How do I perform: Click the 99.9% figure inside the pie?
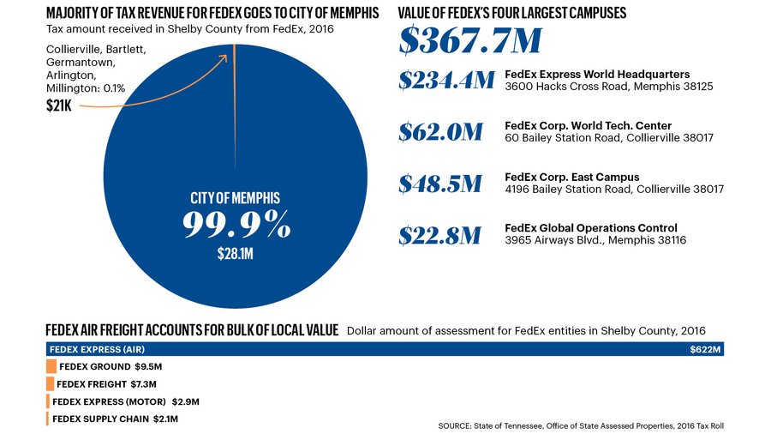[236, 226]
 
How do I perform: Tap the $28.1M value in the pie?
[236, 254]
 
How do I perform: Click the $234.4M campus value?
[445, 81]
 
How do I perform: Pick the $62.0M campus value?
[440, 132]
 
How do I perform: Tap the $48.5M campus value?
[440, 184]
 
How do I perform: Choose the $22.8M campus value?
[440, 235]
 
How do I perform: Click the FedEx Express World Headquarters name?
[597, 75]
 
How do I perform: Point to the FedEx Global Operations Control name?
[591, 228]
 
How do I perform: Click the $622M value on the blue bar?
[707, 350]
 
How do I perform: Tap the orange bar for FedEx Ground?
[51, 366]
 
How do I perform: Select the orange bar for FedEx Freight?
[51, 383]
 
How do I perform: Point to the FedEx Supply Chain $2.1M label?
[115, 419]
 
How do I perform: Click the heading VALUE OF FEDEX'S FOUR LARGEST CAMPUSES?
[512, 13]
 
